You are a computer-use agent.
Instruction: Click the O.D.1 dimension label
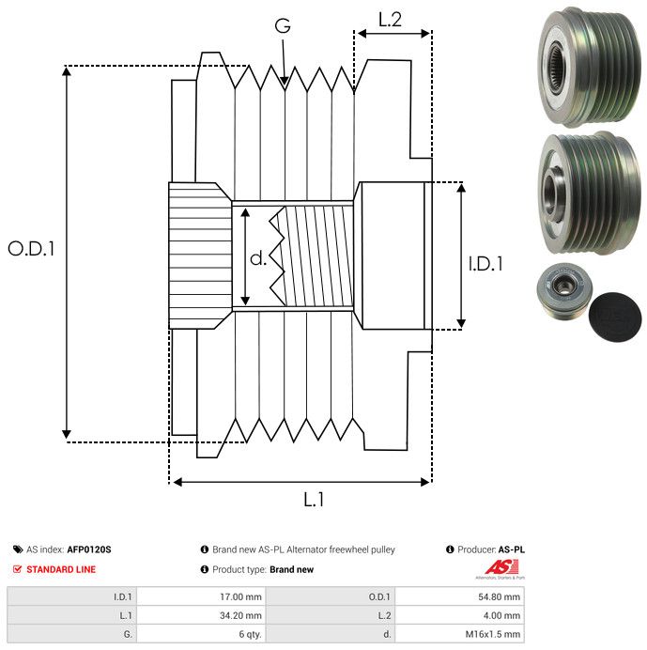pyautogui.click(x=31, y=249)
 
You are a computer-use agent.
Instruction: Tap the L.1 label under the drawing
pyautogui.click(x=314, y=501)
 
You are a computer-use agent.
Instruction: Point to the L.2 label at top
pyautogui.click(x=390, y=18)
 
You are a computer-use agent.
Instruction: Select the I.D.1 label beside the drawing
pyautogui.click(x=485, y=264)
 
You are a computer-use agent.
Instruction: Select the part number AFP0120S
pyautogui.click(x=89, y=549)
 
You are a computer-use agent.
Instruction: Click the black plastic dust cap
pyautogui.click(x=614, y=320)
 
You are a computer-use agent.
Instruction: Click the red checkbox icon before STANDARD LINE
pyautogui.click(x=18, y=569)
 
